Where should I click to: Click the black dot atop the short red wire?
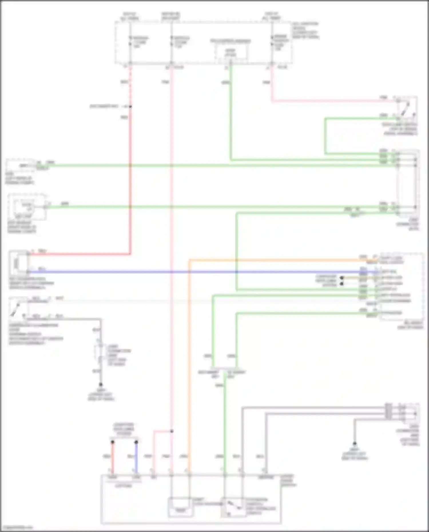[112, 442]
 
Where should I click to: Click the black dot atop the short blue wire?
[136, 442]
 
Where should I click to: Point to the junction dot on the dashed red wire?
[130, 107]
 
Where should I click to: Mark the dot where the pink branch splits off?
[172, 431]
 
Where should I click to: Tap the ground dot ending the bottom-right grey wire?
[354, 444]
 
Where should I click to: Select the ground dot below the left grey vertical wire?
[101, 384]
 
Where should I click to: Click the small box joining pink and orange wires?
[180, 507]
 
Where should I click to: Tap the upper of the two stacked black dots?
[341, 278]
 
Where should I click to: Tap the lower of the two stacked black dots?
[341, 284]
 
